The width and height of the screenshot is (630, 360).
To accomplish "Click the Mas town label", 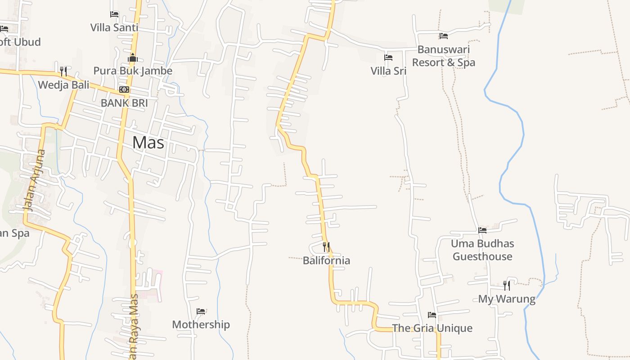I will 148,143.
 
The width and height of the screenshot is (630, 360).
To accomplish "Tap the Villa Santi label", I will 114,27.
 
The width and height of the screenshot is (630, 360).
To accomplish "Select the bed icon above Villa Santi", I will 114,14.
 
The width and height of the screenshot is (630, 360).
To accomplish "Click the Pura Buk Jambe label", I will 133,71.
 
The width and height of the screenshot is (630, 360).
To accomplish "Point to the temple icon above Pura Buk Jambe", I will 133,58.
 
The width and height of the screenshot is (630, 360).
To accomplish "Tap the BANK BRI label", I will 124,103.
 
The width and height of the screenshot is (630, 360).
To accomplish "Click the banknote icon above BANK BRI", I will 124,90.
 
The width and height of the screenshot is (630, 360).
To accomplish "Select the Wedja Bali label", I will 63,85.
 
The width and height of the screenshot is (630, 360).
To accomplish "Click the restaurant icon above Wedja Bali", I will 63,72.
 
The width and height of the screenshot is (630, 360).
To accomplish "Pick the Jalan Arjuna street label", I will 35,180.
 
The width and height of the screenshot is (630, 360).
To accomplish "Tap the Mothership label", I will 201,324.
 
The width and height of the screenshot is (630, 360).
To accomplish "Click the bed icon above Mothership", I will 201,311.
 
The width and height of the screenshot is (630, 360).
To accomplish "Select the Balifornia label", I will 326,261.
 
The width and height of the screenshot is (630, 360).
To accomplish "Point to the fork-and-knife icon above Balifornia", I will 326,247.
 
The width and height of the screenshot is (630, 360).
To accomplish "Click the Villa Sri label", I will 388,71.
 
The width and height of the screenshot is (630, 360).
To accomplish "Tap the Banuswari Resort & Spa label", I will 444,56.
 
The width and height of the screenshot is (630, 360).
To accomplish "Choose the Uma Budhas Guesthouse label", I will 482,250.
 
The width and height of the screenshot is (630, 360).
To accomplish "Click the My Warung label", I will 507,299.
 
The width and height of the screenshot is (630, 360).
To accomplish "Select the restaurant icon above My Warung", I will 507,286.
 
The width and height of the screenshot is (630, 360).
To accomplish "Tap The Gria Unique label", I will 432,328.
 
